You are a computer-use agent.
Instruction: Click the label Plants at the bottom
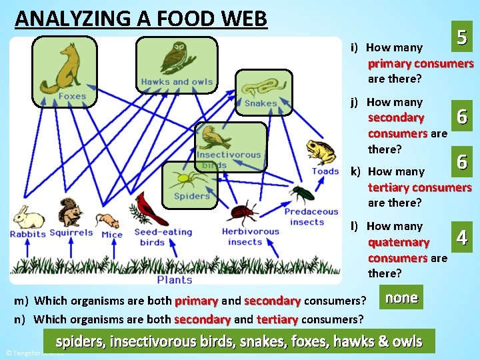click(175, 280)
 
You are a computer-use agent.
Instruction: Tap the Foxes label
click(72, 96)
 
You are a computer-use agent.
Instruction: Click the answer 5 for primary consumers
click(461, 38)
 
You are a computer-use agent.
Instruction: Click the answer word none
click(401, 297)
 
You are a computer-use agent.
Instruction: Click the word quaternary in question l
click(398, 242)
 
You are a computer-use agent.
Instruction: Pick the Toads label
click(325, 171)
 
